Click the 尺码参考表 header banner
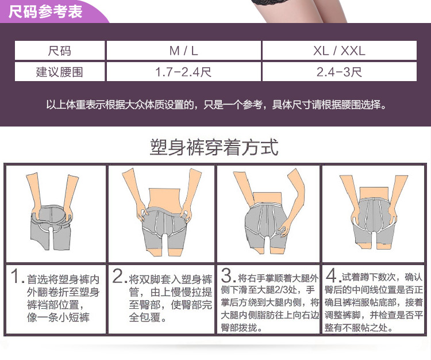click(46, 11)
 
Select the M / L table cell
click(183, 51)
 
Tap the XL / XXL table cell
click(339, 51)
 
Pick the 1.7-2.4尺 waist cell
click(183, 72)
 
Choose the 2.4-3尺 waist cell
click(339, 72)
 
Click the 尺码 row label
click(60, 51)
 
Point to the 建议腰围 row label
click(60, 72)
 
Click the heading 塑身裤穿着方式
click(214, 147)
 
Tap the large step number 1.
click(17, 277)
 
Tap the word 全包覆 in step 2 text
click(147, 317)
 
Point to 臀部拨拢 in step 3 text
click(242, 328)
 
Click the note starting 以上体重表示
click(215, 105)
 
